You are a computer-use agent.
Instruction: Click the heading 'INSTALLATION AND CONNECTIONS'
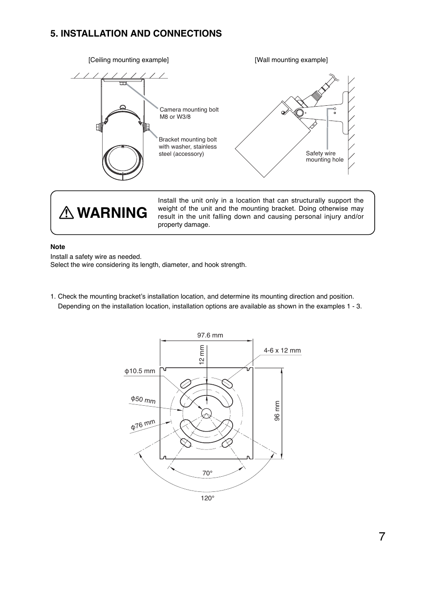click(136, 33)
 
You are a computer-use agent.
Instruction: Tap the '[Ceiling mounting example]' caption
click(129, 60)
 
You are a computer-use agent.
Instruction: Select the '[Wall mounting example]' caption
click(291, 60)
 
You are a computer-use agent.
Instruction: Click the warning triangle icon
click(67, 213)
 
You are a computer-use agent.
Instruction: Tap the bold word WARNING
click(112, 213)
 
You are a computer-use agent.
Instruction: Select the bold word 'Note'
click(58, 247)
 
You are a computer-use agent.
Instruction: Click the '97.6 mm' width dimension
click(210, 335)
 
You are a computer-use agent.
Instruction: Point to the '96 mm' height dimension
click(277, 411)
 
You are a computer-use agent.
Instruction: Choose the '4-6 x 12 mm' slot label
click(282, 350)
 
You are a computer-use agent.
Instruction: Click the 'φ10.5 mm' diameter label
click(140, 371)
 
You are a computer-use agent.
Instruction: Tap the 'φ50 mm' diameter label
click(143, 399)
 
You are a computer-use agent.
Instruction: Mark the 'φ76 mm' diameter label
click(143, 424)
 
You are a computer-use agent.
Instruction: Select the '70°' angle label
click(207, 473)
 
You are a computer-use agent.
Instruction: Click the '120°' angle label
click(207, 498)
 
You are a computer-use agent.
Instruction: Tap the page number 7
click(382, 536)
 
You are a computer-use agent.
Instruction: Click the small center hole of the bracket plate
click(206, 412)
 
